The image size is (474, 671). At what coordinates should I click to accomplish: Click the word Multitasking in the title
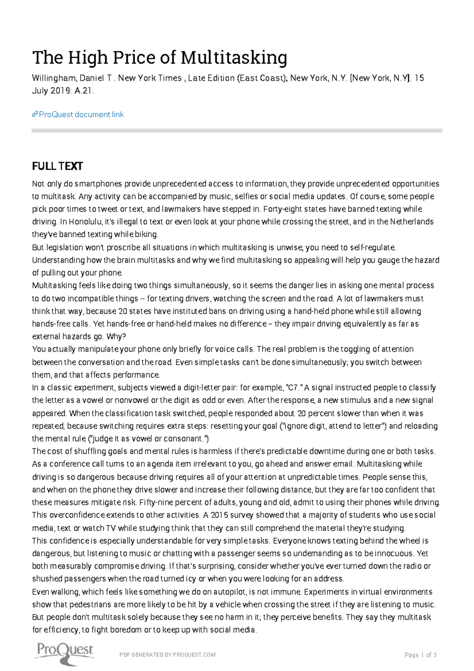coord(234,58)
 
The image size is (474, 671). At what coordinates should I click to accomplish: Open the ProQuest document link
coord(81,115)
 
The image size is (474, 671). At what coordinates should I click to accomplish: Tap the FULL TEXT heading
coord(57,166)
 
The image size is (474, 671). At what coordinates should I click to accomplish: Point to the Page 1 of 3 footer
coord(420,655)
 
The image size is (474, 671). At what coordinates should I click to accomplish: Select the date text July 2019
coord(51,91)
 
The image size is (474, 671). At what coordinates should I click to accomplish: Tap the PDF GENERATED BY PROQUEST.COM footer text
coord(167,655)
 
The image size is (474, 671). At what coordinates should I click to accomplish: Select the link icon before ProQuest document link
coord(35,115)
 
